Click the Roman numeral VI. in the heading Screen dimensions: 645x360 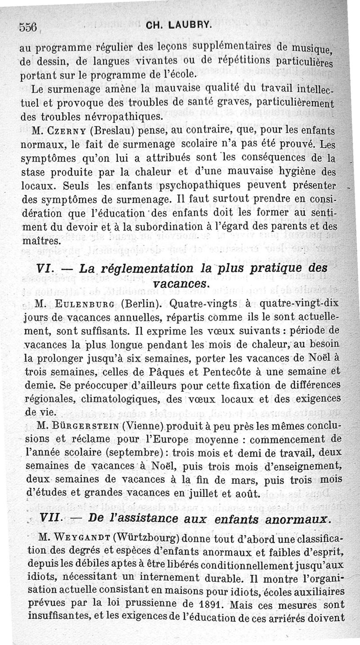click(45, 269)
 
